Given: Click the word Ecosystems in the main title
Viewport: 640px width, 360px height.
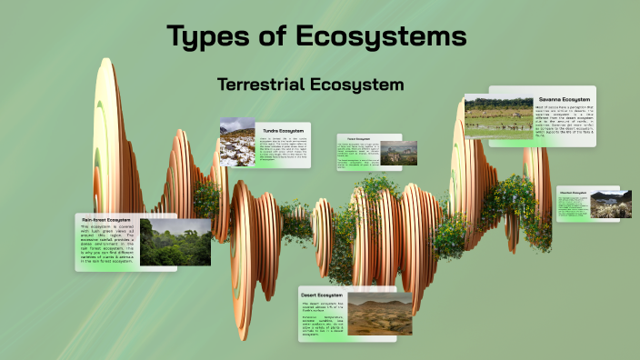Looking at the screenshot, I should [382, 37].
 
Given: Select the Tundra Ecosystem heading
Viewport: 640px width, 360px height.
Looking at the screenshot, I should [283, 129].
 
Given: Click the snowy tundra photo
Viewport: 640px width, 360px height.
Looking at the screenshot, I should [237, 144].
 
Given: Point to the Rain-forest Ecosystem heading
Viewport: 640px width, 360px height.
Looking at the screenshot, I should [106, 220].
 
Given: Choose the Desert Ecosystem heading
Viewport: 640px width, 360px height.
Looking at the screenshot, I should [322, 295].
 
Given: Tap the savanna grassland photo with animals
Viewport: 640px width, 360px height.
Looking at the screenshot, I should [498, 117].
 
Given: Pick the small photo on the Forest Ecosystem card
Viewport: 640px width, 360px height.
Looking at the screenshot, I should [398, 153].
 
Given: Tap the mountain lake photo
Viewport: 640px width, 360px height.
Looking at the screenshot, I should [610, 204].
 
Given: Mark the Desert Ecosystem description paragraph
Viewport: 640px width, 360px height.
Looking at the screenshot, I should [322, 321].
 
